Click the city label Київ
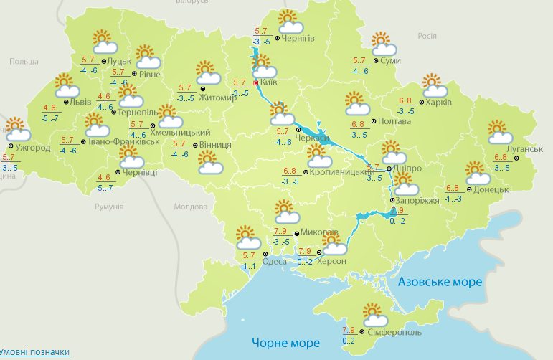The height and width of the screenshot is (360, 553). coord(269,82)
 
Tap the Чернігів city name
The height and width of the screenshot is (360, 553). coord(298,38)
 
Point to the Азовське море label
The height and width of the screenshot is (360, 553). coord(440,282)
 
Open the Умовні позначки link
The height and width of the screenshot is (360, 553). coord(35,352)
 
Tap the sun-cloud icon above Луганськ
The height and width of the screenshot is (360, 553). coord(499,132)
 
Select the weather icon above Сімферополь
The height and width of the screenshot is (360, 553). coord(375,314)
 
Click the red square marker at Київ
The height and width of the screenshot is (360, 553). coord(256,82)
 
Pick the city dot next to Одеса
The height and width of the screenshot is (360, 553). coord(265,254)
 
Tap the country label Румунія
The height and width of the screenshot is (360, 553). coord(109,207)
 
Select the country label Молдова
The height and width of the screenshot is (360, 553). coord(190,207)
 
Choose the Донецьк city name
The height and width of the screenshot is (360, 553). coord(491,190)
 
